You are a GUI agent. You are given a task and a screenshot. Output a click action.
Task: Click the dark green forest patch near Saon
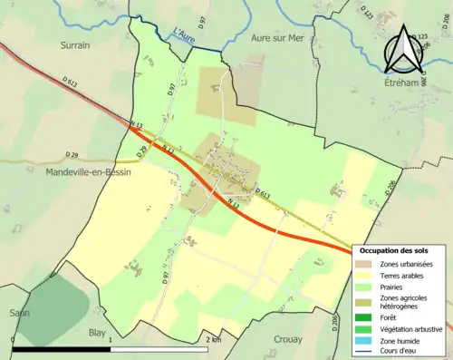[59, 296]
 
